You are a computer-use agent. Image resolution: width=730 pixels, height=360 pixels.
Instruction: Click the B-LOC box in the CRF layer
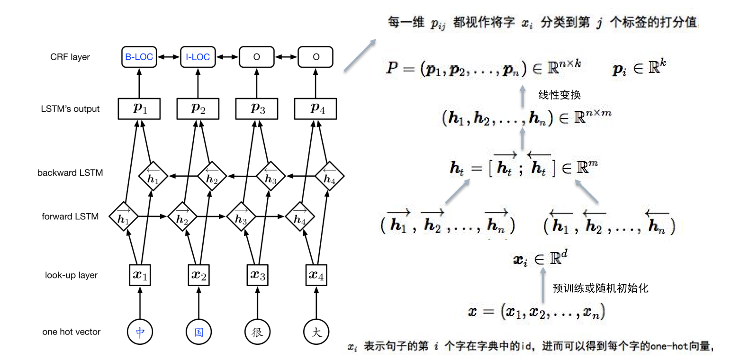pos(139,57)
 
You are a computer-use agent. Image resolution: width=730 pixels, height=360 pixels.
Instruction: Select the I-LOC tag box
pos(198,57)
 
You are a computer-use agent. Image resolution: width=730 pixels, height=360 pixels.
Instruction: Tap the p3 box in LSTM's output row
pos(257,109)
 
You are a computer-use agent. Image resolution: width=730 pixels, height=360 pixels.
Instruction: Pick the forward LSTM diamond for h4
pos(299,217)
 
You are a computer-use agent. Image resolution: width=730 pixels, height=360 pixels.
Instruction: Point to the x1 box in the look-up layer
pos(140,275)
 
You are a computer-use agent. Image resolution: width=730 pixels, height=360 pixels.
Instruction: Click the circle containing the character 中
pos(140,332)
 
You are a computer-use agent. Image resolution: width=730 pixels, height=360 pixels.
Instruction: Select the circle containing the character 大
pos(316,332)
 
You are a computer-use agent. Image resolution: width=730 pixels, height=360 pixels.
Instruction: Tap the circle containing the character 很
pos(257,332)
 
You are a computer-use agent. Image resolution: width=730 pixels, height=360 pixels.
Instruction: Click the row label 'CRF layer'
pos(70,57)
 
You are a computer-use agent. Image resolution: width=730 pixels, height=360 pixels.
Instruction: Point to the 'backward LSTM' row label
pos(70,173)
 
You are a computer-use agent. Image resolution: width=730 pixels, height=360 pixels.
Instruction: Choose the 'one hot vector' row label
pos(71,332)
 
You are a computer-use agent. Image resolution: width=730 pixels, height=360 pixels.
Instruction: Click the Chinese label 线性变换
pos(559,95)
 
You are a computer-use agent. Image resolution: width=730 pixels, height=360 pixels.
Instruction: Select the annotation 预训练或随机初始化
pos(601,288)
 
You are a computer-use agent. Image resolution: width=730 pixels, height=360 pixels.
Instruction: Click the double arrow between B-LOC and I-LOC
pos(169,57)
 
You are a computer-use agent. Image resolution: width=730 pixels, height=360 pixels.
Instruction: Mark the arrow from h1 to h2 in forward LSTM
pos(153,217)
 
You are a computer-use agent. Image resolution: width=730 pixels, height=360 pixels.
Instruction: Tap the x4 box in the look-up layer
pos(316,275)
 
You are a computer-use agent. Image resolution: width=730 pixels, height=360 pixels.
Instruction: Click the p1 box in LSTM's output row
pos(139,109)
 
